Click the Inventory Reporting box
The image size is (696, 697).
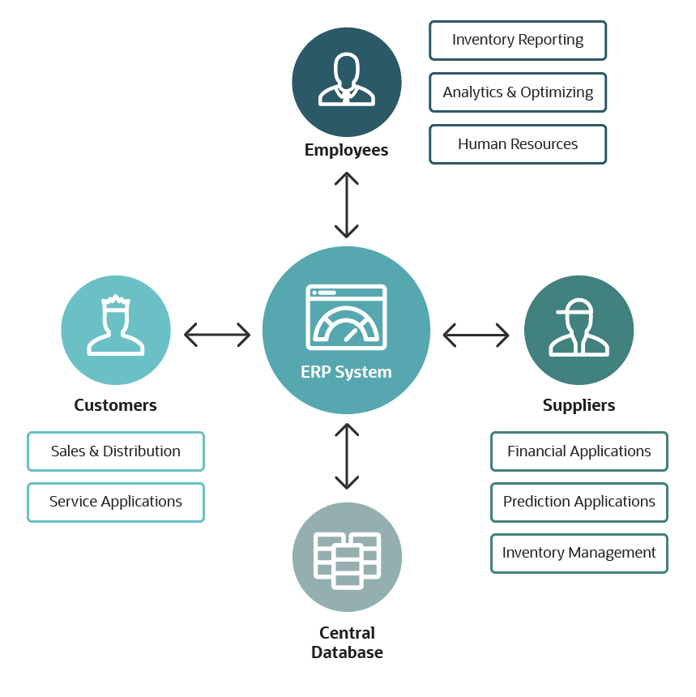[x=517, y=41]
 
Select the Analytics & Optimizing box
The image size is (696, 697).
[x=517, y=92]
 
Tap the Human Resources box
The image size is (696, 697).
[x=517, y=144]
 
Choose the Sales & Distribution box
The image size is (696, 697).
[x=115, y=451]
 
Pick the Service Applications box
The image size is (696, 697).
[x=115, y=502]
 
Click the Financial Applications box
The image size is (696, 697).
[x=579, y=451]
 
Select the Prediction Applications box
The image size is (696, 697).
[x=579, y=502]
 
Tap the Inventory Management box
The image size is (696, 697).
[x=579, y=554]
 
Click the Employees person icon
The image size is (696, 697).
[x=347, y=79]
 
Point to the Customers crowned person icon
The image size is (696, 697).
[x=116, y=326]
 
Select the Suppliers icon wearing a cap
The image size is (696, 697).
[x=579, y=328]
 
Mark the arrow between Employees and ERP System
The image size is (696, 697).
[x=347, y=204]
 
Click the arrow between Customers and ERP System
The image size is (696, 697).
[x=217, y=334]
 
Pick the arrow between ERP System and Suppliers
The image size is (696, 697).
[x=476, y=334]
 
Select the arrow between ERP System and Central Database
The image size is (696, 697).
[x=347, y=456]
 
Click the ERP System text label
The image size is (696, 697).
[x=346, y=373]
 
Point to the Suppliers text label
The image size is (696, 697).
[x=579, y=405]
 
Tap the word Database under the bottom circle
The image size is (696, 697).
[x=347, y=652]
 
